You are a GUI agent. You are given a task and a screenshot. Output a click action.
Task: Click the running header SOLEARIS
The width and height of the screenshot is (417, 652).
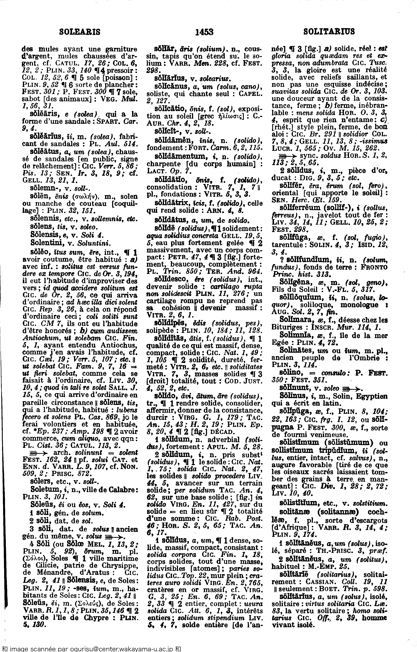80,32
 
